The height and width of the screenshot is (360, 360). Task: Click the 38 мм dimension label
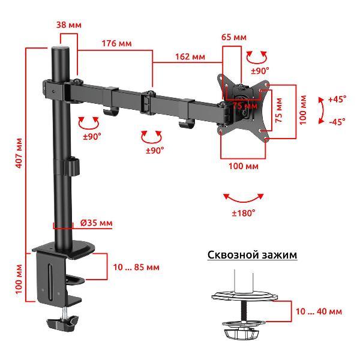point(68,25)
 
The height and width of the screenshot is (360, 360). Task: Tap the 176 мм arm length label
point(116,43)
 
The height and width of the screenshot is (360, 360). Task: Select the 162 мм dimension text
point(190,56)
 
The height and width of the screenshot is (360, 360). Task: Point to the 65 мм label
point(234,37)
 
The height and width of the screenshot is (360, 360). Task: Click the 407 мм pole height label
point(20,153)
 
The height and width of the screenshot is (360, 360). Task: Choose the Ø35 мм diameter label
point(97,223)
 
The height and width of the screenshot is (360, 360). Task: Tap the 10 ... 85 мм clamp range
point(136,267)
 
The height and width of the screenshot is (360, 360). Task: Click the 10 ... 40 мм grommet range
point(319,311)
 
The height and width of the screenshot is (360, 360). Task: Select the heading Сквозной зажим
point(253,255)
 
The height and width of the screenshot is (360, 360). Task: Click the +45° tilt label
point(337,99)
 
